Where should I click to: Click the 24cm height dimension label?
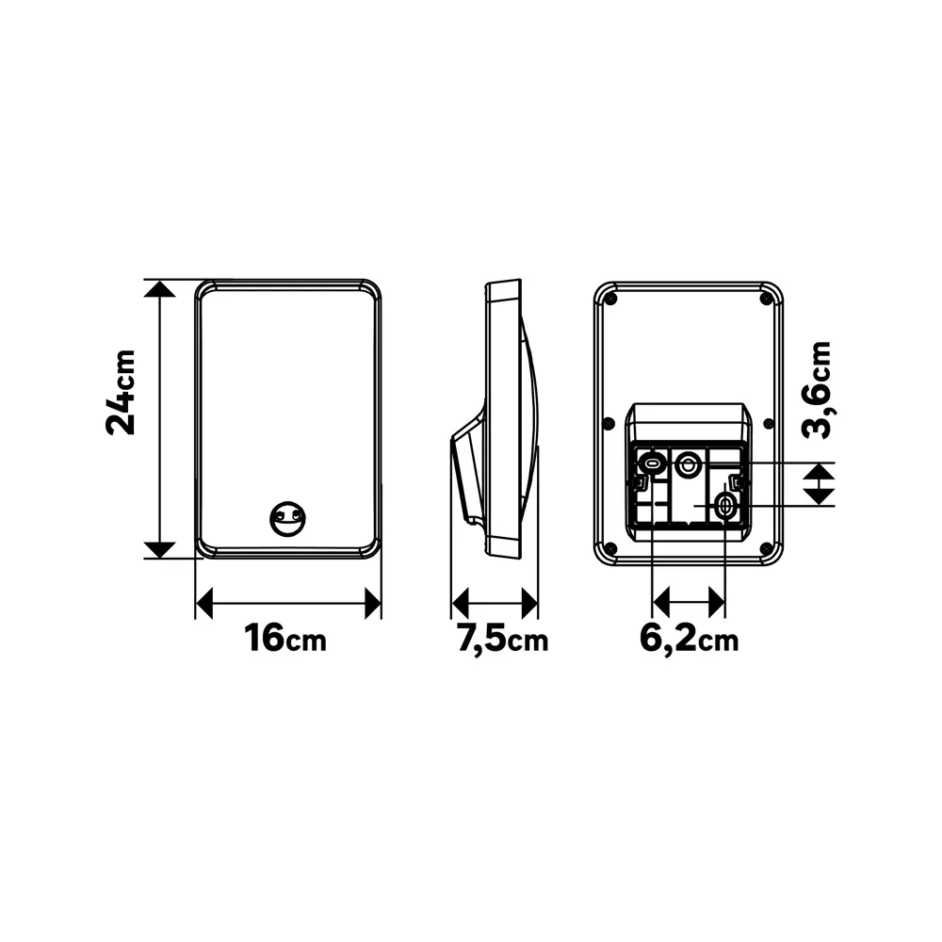click(121, 392)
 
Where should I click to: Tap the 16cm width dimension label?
click(285, 638)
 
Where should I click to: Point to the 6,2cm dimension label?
click(690, 640)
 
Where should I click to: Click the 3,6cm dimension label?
click(817, 390)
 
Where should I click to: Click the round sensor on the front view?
click(287, 518)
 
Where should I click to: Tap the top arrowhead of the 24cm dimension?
click(159, 289)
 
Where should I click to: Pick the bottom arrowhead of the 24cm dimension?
click(159, 550)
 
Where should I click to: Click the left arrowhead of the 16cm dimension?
click(204, 603)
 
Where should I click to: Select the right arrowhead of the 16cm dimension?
click(373, 603)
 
